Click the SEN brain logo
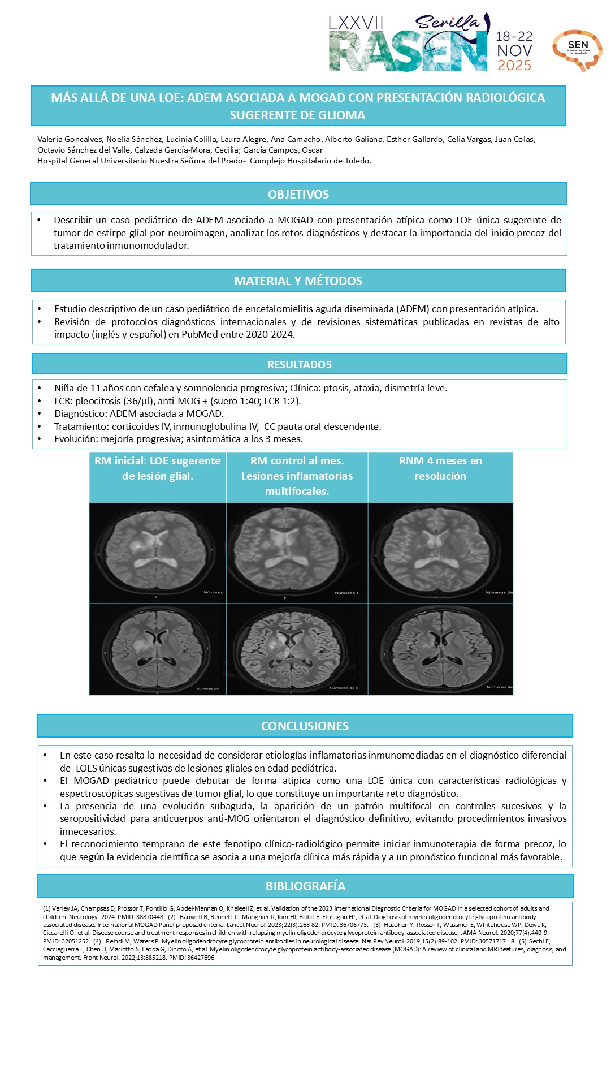coord(577,50)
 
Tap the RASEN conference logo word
coord(408,53)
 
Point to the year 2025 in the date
coord(514,66)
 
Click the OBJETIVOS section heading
coord(298,194)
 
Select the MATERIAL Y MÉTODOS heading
coord(298,281)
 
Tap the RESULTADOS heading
coord(299,364)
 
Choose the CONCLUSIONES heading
coord(305,726)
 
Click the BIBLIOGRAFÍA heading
coord(305,886)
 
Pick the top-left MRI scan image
coord(158,553)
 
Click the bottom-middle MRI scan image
coord(297,649)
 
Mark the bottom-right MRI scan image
coord(440,649)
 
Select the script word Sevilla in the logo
coord(447,23)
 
